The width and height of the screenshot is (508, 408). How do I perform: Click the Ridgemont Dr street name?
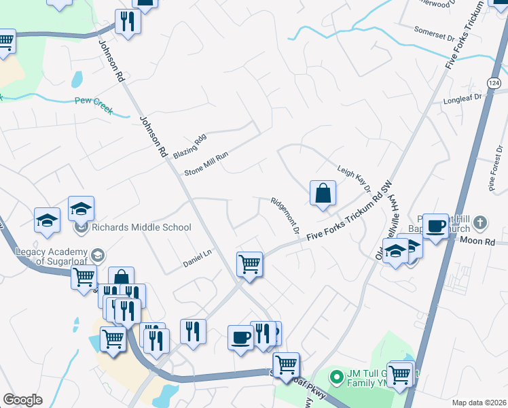click(x=285, y=216)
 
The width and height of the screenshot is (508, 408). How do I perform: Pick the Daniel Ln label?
click(x=198, y=259)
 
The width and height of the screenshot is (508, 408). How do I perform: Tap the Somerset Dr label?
click(x=433, y=30)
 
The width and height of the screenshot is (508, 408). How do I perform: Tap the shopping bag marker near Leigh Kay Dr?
click(x=323, y=192)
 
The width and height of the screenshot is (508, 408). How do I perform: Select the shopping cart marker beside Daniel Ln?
click(x=249, y=263)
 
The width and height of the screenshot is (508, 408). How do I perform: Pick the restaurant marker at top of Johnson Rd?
click(x=127, y=20)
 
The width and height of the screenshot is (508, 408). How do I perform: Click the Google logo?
click(x=23, y=400)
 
